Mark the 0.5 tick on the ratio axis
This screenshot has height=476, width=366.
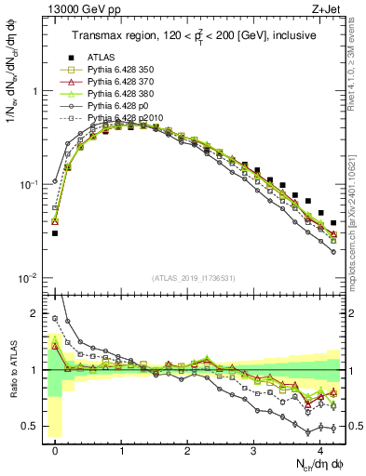click(35, 427)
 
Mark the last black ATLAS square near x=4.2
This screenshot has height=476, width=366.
click(333, 223)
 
